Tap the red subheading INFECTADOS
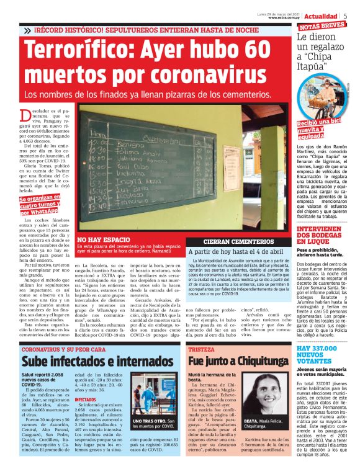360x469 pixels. (85, 400)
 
